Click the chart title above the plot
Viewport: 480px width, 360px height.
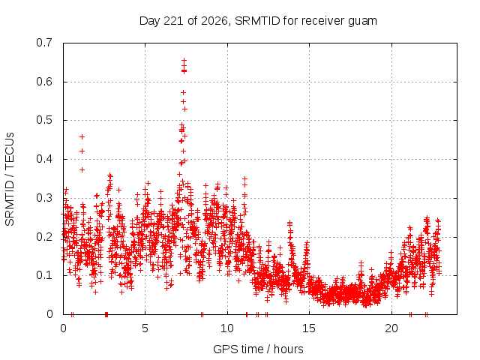click(258, 21)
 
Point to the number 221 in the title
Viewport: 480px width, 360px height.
click(174, 21)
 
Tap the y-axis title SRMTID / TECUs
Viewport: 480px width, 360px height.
click(10, 179)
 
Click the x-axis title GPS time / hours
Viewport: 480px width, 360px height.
click(258, 349)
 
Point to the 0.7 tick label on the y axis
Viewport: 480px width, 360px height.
click(44, 43)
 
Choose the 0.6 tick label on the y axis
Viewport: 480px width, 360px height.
click(44, 82)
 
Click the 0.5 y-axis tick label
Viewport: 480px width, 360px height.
click(44, 120)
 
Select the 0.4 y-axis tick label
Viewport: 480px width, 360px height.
click(44, 159)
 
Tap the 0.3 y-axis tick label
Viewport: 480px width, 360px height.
click(44, 198)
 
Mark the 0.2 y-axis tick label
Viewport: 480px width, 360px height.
click(44, 237)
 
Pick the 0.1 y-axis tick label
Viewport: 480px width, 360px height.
click(44, 275)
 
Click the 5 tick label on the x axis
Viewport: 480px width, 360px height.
click(145, 328)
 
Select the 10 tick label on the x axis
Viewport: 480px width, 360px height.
click(227, 328)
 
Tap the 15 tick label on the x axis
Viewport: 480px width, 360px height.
click(309, 328)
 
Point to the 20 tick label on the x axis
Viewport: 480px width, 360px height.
click(391, 328)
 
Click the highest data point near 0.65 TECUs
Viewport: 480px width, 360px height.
click(184, 60)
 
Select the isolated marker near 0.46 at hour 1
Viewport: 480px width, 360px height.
click(82, 136)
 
